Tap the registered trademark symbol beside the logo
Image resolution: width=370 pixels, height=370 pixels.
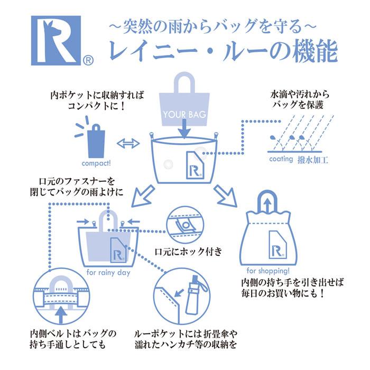(x=88, y=60)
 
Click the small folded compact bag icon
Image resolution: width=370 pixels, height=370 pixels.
(x=96, y=140)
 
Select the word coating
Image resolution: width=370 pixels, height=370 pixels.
(x=281, y=159)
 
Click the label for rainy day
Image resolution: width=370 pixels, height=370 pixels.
(x=108, y=273)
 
